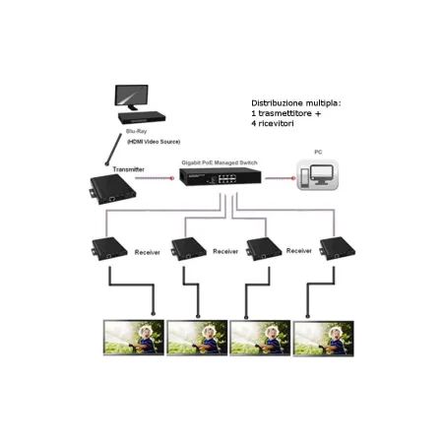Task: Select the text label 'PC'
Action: click(x=317, y=153)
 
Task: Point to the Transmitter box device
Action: click(x=110, y=190)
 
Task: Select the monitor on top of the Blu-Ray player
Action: click(x=138, y=95)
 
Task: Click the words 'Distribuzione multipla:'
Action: click(x=295, y=101)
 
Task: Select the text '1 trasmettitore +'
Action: click(x=286, y=113)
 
